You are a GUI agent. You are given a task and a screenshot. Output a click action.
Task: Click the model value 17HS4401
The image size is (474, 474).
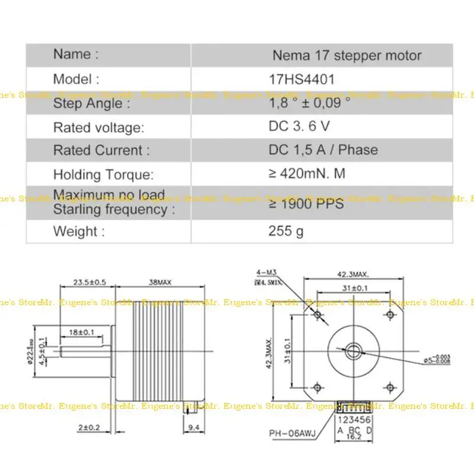coord(302,79)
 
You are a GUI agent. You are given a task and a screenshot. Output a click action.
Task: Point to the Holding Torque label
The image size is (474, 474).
coord(104,174)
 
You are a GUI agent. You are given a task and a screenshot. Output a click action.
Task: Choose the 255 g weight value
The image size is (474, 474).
coord(286,230)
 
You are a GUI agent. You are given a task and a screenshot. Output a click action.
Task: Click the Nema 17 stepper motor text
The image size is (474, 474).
coord(347,56)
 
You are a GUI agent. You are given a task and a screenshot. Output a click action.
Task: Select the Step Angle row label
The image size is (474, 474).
coord(91,104)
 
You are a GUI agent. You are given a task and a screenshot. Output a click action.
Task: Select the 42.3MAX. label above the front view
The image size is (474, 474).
coord(353,274)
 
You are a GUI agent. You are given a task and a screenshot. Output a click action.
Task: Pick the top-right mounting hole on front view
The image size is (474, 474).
coord(389,313)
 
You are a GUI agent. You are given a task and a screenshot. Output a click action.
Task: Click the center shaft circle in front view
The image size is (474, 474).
coord(353,351)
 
